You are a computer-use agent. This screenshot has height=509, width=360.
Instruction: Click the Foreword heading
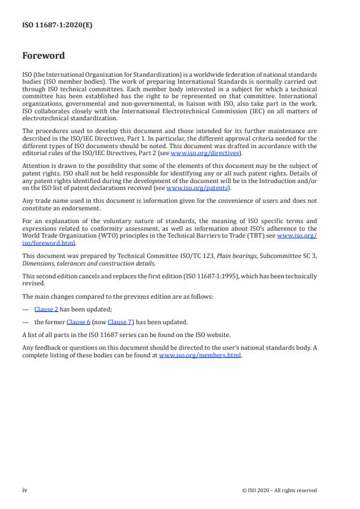(x=43, y=56)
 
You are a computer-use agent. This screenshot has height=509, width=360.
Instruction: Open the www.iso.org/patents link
(x=189, y=188)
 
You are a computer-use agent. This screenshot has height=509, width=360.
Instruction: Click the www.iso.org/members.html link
(x=199, y=355)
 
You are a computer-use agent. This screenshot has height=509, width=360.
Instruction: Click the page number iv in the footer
(x=24, y=490)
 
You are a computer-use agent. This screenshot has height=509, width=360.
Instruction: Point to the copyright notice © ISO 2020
(x=279, y=490)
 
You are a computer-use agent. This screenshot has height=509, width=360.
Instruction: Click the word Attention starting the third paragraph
(x=36, y=165)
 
